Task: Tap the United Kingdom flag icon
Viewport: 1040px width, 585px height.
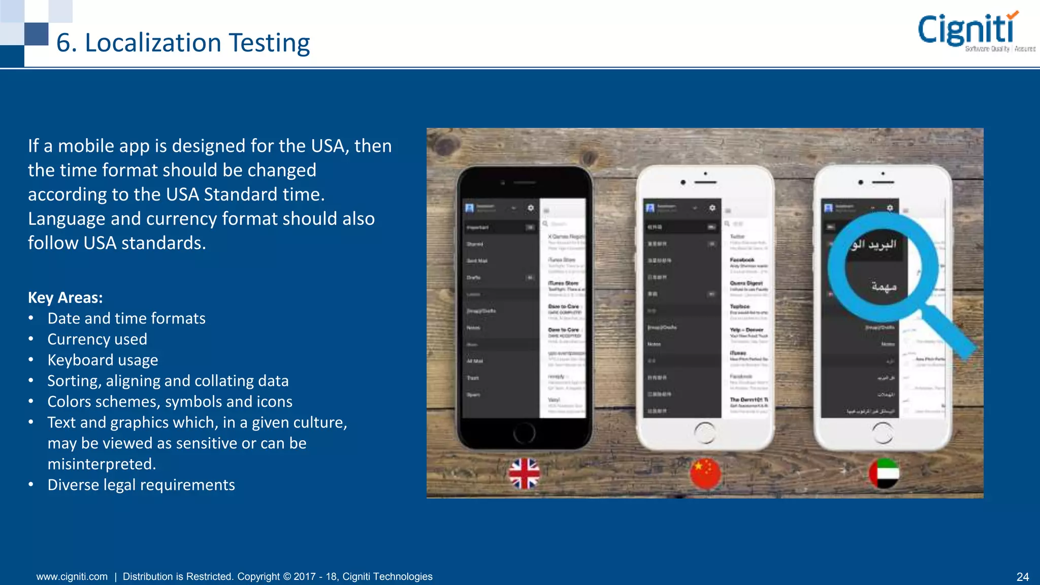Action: (x=524, y=473)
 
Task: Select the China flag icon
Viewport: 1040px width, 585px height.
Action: (x=705, y=473)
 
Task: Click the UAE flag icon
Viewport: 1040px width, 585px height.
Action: (x=884, y=473)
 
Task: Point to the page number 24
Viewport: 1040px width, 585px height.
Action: (x=1022, y=577)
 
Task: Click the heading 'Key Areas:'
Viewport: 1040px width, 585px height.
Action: (x=65, y=298)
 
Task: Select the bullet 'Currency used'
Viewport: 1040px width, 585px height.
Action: (x=97, y=339)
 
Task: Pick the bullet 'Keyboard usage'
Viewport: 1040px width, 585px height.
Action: (x=103, y=360)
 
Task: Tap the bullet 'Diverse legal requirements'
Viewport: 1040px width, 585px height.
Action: (x=141, y=485)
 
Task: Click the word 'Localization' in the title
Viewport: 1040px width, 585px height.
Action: (x=153, y=43)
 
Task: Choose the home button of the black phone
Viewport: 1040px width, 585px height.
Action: (x=524, y=433)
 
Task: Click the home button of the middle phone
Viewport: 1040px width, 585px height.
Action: (x=705, y=433)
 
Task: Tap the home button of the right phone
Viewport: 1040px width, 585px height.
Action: (x=883, y=433)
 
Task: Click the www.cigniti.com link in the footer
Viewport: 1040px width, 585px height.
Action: (x=72, y=577)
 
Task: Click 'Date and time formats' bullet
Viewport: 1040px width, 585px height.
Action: (x=126, y=318)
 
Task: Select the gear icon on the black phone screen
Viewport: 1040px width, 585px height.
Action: (x=531, y=208)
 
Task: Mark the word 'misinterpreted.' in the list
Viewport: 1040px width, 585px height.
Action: (x=102, y=464)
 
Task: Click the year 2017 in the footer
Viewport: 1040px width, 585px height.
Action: (x=304, y=577)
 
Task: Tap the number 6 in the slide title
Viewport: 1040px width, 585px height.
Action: (x=62, y=43)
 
